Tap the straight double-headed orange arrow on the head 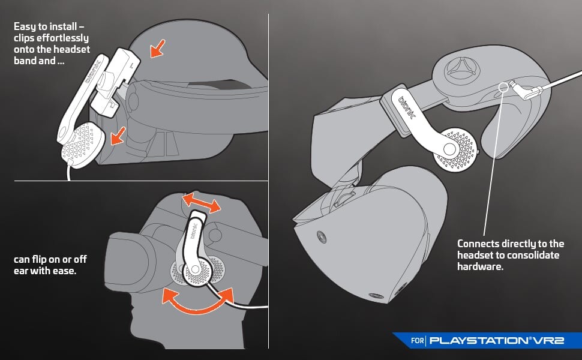(x=201, y=202)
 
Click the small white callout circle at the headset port (x=502, y=87)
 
